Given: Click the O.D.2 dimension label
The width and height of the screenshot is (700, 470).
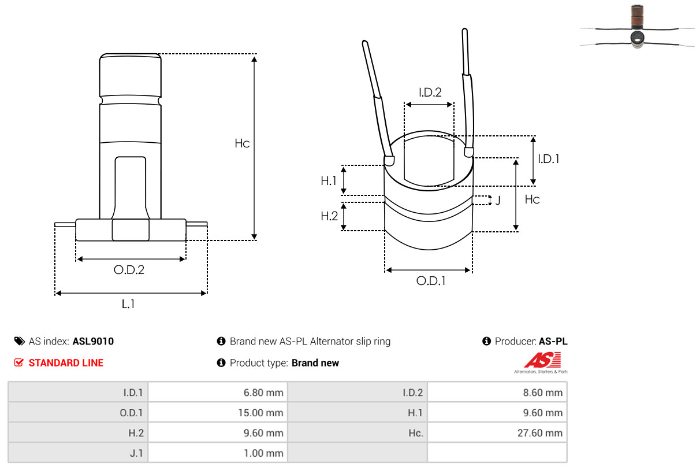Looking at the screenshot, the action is pyautogui.click(x=129, y=270).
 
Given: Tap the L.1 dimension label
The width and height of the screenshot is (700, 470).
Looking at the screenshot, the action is pyautogui.click(x=128, y=304).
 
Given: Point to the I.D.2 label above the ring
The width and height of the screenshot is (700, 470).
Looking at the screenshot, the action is pyautogui.click(x=430, y=92).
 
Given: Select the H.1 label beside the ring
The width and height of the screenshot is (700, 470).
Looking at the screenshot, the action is pyautogui.click(x=329, y=181).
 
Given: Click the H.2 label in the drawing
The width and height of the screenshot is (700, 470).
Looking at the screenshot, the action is pyautogui.click(x=329, y=216).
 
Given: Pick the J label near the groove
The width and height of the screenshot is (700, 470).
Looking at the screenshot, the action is pyautogui.click(x=498, y=200).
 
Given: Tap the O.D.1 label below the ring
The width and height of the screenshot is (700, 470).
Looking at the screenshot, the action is pyautogui.click(x=431, y=281).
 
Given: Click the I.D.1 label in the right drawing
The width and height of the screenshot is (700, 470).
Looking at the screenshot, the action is pyautogui.click(x=549, y=159).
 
